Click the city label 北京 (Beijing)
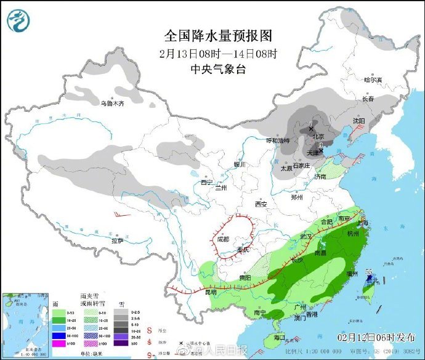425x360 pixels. [x=317, y=136]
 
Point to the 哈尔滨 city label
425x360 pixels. [x=373, y=80]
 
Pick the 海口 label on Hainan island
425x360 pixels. [x=280, y=337]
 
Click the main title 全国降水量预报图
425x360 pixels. [x=218, y=35]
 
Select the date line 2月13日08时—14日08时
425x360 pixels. [x=218, y=53]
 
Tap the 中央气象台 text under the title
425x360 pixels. [x=218, y=70]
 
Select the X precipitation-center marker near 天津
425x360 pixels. [x=321, y=150]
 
